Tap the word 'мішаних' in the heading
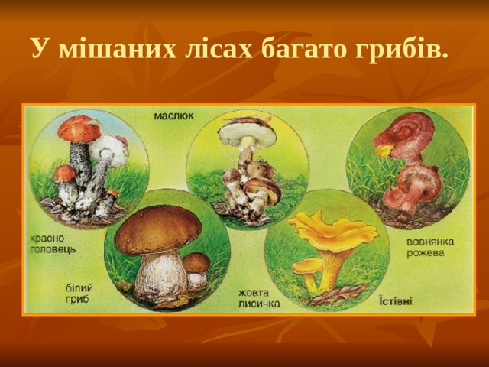click(101, 50)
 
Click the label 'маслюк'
click(175, 115)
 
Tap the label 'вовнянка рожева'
click(431, 246)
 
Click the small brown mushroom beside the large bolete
click(196, 268)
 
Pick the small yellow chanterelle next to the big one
click(308, 268)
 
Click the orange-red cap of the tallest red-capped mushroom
click(79, 129)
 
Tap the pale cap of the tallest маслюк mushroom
click(247, 134)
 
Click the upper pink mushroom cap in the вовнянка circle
click(406, 131)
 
